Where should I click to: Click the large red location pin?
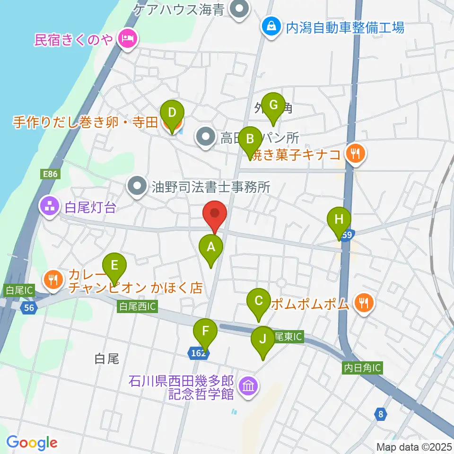(x=215, y=216)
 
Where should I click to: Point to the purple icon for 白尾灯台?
(x=49, y=206)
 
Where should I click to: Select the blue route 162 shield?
(x=199, y=352)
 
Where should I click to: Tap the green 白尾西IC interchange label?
(x=137, y=307)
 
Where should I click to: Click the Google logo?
(x=32, y=443)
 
